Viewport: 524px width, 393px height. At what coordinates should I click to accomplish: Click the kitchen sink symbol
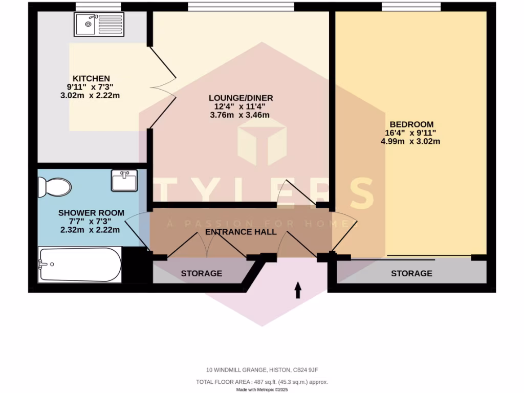click(x=99, y=24)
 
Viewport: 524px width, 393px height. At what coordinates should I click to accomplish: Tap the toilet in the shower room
click(x=54, y=187)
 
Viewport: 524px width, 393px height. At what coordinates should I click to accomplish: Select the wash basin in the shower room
click(x=124, y=181)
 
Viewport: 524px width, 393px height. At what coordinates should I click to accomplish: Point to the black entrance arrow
click(x=298, y=291)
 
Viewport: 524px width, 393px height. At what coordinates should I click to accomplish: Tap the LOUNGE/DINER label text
click(x=241, y=98)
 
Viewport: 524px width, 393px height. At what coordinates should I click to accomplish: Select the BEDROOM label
click(x=411, y=124)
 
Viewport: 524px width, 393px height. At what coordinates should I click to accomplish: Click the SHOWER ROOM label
click(x=91, y=213)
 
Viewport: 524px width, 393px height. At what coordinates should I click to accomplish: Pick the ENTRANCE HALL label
click(x=241, y=232)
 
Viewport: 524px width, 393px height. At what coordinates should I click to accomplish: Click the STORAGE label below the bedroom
click(x=411, y=273)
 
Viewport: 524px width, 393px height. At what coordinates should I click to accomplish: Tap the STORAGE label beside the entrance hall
click(x=201, y=273)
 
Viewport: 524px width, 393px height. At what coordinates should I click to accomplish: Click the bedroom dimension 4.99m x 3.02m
click(x=410, y=141)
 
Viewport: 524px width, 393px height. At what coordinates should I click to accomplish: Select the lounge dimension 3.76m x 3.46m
click(x=239, y=115)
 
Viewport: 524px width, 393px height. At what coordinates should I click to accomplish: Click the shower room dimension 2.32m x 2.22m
click(x=90, y=230)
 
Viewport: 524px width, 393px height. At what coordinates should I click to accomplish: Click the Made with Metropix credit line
click(x=262, y=389)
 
